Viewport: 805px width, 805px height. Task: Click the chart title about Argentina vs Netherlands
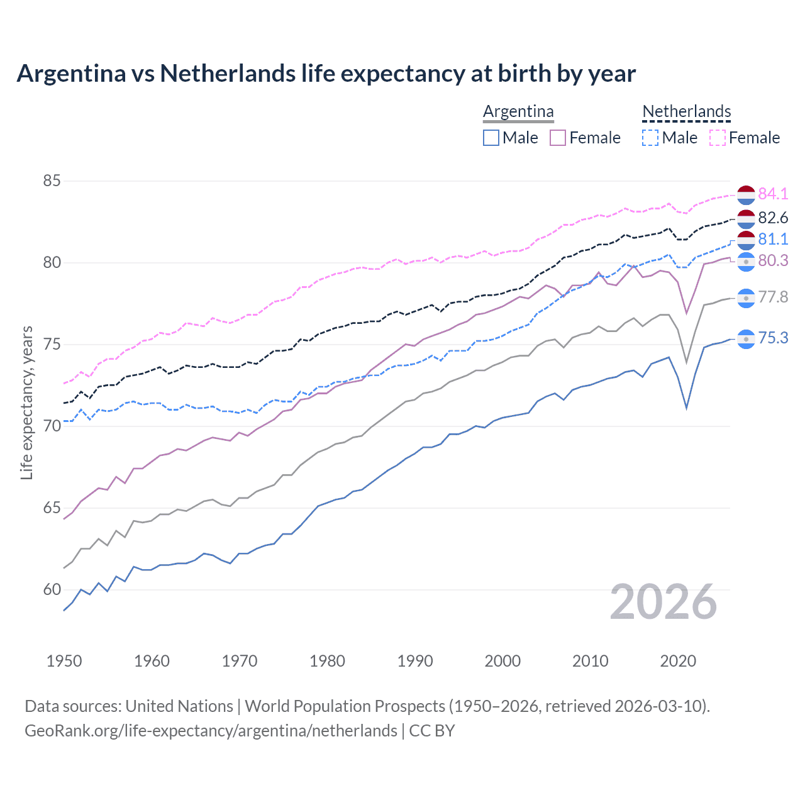coord(326,74)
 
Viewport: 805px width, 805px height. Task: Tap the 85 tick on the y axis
coord(52,181)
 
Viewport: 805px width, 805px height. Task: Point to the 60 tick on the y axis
coord(52,590)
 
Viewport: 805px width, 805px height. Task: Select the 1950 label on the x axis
coord(64,661)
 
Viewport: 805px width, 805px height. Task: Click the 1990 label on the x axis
coord(415,661)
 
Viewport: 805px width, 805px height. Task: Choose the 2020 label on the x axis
coord(678,661)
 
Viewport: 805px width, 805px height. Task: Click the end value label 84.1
coord(773,194)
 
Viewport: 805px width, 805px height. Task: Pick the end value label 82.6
coord(773,218)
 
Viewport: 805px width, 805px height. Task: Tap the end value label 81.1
coord(773,239)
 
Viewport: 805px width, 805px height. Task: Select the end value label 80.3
coord(773,260)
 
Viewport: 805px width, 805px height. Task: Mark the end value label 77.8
coord(773,297)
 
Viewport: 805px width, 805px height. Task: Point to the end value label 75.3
coord(773,338)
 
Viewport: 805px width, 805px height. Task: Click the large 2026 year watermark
coord(663,602)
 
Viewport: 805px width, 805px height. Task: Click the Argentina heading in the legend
coord(518,112)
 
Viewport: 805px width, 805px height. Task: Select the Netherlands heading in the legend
coord(686,112)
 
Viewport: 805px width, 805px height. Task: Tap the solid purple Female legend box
coord(558,138)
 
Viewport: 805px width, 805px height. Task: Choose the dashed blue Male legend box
coord(650,138)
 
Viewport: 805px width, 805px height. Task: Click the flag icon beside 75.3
coord(746,339)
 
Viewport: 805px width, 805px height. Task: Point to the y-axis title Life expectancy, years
coord(27,402)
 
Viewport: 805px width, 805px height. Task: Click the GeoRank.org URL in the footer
coord(211,731)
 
